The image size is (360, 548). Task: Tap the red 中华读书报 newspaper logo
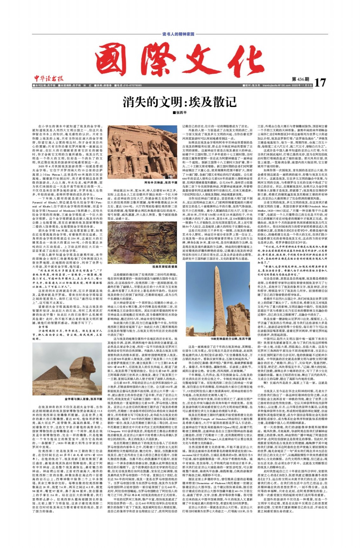[49, 79]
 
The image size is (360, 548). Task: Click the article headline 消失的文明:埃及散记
[180, 102]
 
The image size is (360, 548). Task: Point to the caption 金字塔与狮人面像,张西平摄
[83, 399]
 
